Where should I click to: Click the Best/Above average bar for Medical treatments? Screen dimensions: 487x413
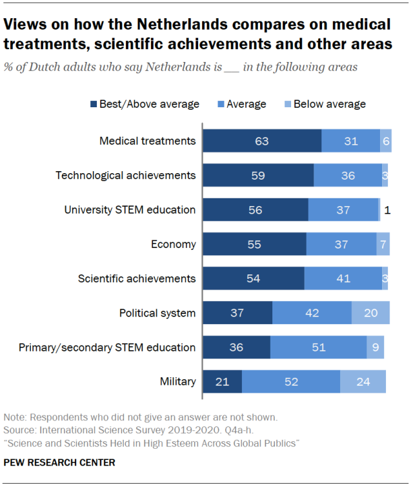click(x=262, y=141)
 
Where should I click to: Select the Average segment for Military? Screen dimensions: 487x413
click(x=291, y=381)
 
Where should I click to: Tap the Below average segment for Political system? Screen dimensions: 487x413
click(x=370, y=313)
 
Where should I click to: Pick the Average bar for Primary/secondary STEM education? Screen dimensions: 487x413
click(x=318, y=347)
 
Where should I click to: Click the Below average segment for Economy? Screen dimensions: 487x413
click(x=383, y=244)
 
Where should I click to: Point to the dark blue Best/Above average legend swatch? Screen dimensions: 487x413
click(x=93, y=104)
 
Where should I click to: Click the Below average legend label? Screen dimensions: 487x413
click(x=329, y=104)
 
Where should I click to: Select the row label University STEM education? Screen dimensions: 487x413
click(x=130, y=209)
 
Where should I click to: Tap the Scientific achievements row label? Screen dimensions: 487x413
click(x=136, y=278)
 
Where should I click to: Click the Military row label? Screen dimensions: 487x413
click(x=177, y=381)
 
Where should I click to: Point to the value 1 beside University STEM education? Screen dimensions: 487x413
click(x=387, y=210)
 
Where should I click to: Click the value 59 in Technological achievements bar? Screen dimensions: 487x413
click(x=258, y=175)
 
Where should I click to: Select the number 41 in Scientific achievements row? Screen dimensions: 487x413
click(x=343, y=278)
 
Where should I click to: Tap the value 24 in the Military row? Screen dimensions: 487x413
click(x=363, y=381)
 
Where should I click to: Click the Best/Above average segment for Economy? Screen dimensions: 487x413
click(x=254, y=244)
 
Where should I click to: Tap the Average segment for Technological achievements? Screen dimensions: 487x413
click(x=348, y=175)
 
